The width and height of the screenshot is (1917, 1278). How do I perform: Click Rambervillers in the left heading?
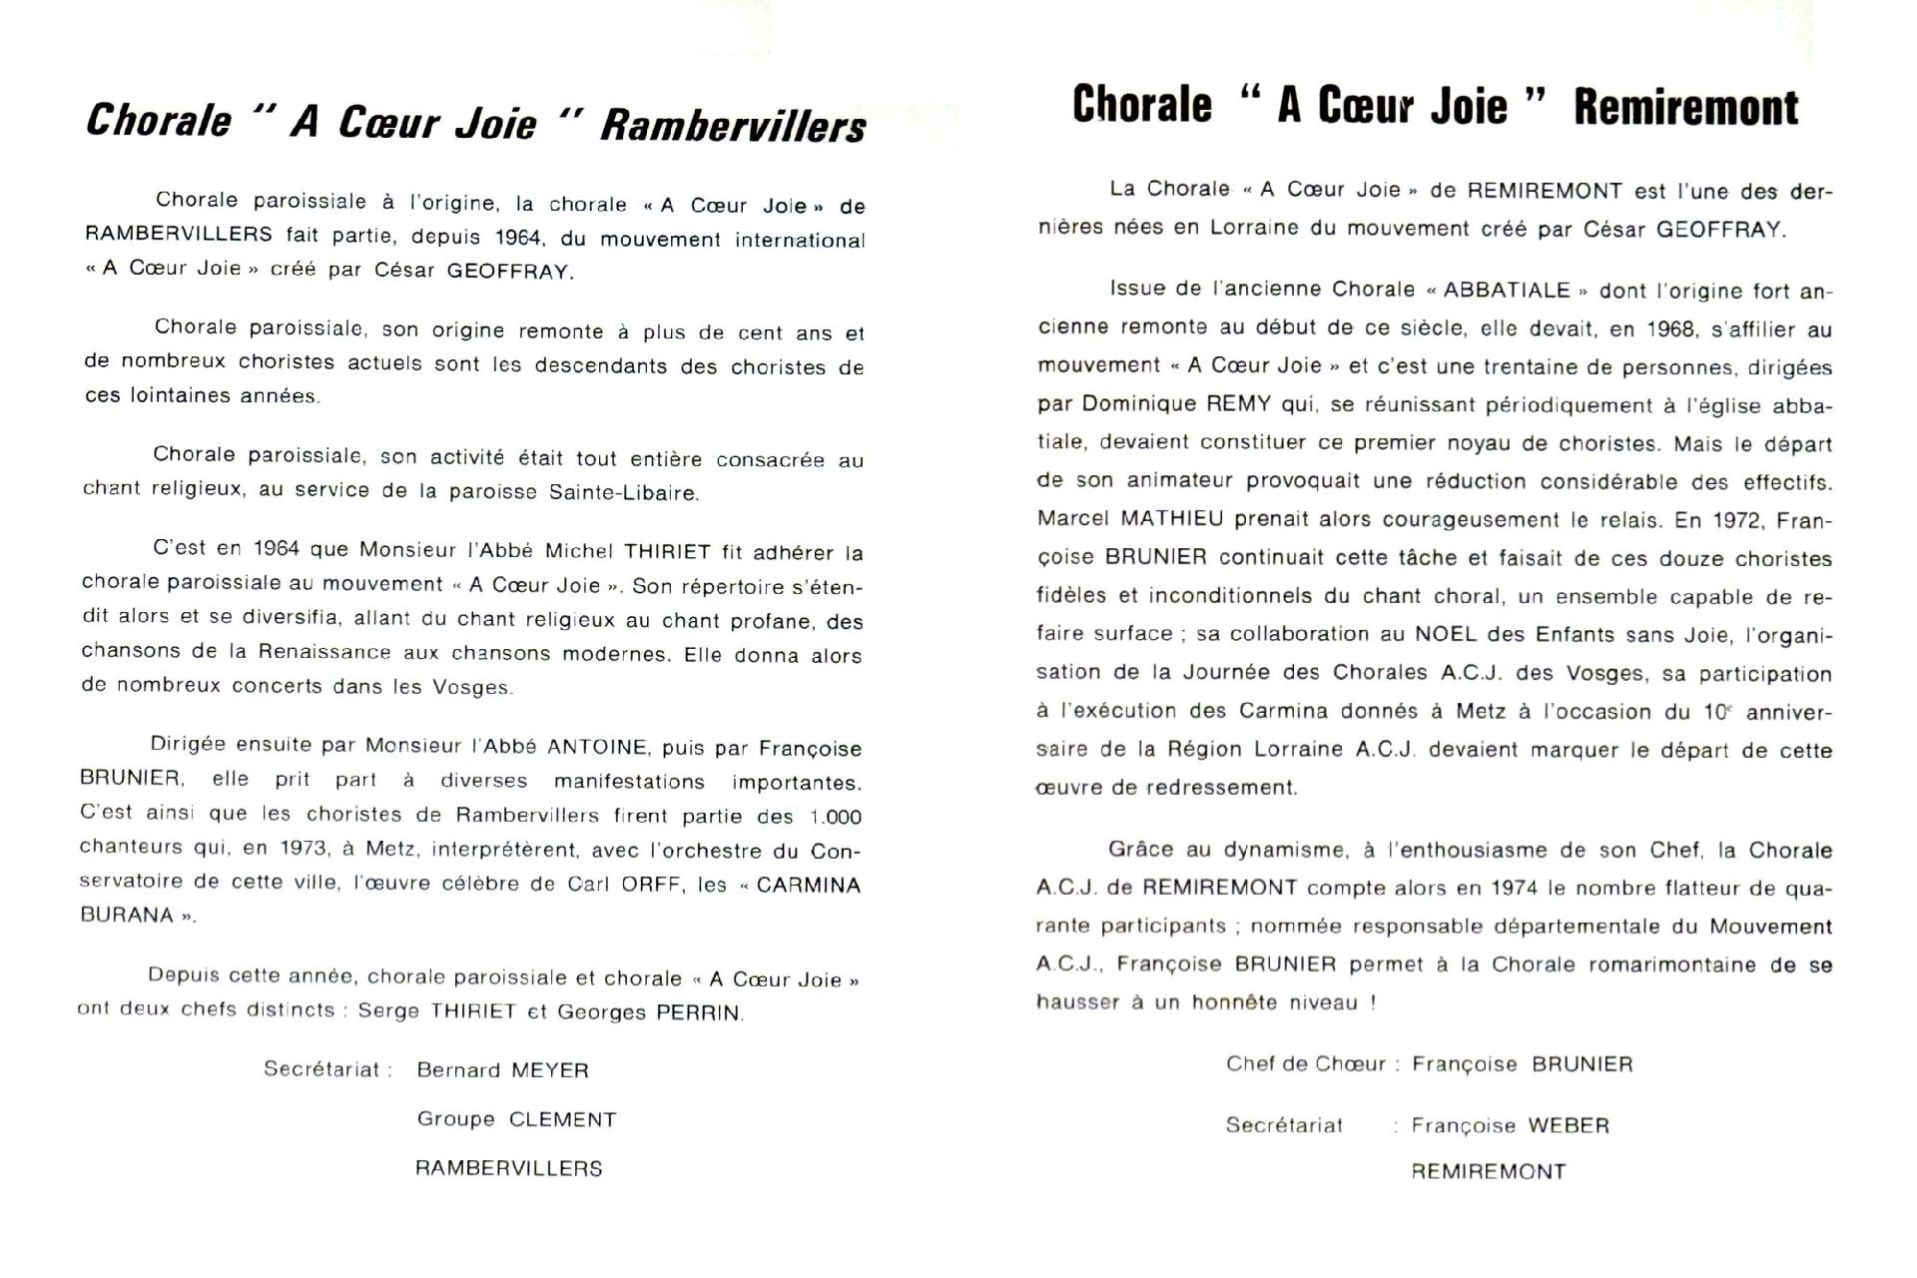[733, 127]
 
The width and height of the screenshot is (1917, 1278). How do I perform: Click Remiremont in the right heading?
[1685, 108]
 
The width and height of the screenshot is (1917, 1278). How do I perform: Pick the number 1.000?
[835, 817]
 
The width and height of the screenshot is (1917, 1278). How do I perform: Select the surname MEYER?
[549, 1070]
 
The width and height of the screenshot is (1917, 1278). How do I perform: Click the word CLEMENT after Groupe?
[562, 1119]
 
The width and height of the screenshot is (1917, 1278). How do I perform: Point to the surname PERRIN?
[698, 1012]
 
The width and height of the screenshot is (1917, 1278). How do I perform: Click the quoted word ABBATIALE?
[1507, 291]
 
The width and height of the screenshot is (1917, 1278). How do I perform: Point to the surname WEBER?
[1569, 1125]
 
